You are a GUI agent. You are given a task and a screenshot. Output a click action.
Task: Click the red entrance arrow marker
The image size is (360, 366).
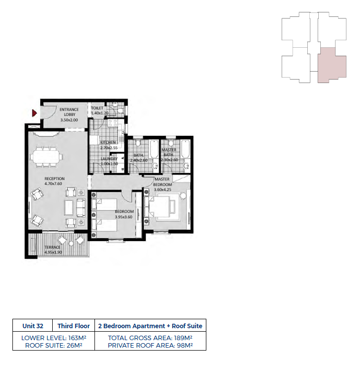pyautogui.click(x=34, y=113)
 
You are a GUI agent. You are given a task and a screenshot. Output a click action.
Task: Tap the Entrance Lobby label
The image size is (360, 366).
pyautogui.click(x=69, y=112)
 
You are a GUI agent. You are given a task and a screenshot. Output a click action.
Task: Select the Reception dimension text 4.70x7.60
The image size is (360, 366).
pyautogui.click(x=53, y=183)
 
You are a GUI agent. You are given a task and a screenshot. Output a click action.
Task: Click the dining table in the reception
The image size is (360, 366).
pyautogui.click(x=46, y=156)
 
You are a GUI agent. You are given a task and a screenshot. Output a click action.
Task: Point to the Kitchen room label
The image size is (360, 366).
pyautogui.click(x=108, y=142)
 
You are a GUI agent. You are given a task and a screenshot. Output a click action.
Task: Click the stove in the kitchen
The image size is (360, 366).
pyautogui.click(x=112, y=123)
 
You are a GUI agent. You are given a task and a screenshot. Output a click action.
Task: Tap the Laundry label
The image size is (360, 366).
pyautogui.click(x=109, y=159)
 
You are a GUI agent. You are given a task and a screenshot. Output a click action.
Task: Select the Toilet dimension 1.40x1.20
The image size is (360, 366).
pyautogui.click(x=99, y=113)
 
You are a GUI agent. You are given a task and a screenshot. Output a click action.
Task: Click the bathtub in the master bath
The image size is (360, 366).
pyautogui.click(x=185, y=149)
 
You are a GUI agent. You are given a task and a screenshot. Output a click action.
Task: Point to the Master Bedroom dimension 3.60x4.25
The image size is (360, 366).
pyautogui.click(x=163, y=189)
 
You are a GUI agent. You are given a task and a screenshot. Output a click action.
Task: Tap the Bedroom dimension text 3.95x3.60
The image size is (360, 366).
pyautogui.click(x=123, y=217)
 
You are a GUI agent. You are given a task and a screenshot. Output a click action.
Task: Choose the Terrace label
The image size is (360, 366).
pyautogui.click(x=52, y=247)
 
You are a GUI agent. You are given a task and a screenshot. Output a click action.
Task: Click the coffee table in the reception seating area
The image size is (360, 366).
pyautogui.click(x=69, y=208)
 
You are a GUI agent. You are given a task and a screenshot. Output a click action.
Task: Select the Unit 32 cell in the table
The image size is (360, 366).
pyautogui.click(x=33, y=326)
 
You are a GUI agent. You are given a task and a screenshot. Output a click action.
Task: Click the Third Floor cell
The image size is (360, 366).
pyautogui.click(x=74, y=326)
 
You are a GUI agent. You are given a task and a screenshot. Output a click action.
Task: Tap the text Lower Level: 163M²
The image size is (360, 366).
pyautogui.click(x=54, y=338)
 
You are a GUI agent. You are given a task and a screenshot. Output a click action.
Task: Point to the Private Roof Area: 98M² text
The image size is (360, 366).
pyautogui.click(x=150, y=346)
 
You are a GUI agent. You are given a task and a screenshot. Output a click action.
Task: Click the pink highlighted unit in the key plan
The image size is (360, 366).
pyautogui.click(x=332, y=65)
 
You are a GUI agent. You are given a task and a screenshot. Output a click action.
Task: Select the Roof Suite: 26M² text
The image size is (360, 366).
pyautogui.click(x=54, y=346)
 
